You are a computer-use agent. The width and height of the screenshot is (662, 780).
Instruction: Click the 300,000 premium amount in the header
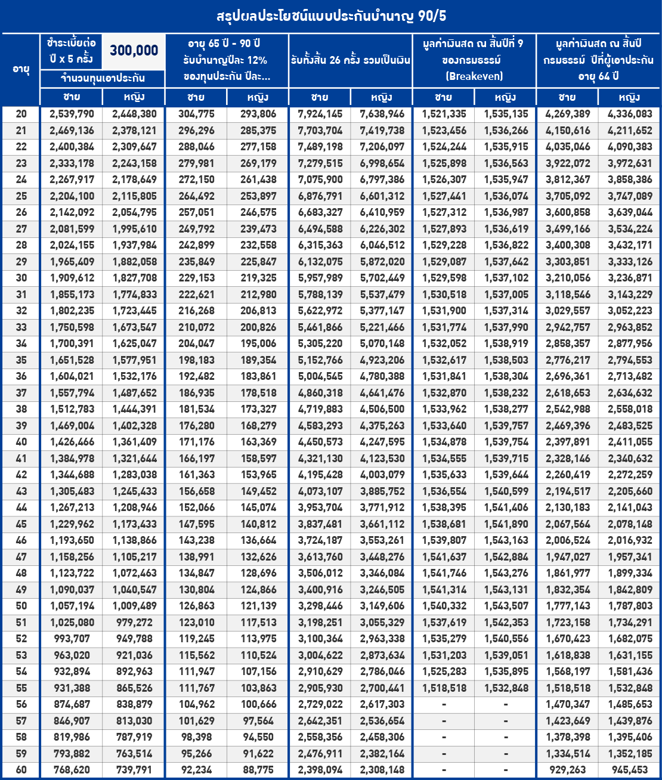coord(134,51)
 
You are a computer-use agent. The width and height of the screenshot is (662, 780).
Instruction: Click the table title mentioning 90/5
coord(331,16)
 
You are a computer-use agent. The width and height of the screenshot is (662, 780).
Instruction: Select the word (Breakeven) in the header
coord(474,76)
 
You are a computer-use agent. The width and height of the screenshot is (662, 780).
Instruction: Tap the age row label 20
coord(21,114)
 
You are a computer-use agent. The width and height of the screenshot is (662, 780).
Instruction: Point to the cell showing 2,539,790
coord(72,114)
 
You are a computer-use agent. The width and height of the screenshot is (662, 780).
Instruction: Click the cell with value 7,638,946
coord(382,114)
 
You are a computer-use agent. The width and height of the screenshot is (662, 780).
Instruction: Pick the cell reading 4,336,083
coord(630,114)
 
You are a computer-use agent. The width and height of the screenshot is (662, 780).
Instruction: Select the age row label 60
coord(21,770)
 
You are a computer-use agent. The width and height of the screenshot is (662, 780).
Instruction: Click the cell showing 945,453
coord(630,770)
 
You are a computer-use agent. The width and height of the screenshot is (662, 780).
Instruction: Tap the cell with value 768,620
coord(72,770)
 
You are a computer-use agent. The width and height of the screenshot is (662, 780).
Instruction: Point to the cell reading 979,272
coord(134,622)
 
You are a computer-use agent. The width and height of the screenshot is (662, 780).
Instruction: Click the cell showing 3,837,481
coord(320,524)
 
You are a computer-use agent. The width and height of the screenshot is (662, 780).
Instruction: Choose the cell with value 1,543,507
coord(506,606)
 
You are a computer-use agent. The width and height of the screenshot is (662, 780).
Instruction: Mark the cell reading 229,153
coord(196,278)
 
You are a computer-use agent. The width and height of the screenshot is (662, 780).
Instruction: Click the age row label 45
coord(21,524)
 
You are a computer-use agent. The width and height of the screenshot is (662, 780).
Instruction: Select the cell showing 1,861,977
coord(568,573)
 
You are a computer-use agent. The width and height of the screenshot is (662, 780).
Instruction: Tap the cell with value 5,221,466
coord(382,327)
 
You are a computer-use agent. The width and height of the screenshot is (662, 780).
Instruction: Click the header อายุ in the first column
coord(21,69)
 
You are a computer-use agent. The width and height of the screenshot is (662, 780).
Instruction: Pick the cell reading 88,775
coord(258,770)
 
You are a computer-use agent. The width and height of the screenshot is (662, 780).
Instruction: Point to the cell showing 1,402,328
coord(134,426)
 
